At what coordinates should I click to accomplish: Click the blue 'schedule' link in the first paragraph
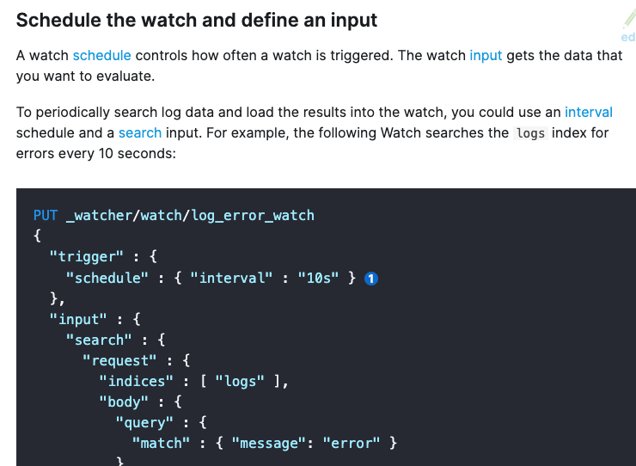tap(101, 56)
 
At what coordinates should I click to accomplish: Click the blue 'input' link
tap(486, 56)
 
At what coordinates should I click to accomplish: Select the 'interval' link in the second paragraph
tap(589, 112)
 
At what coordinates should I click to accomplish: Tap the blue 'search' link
tap(140, 132)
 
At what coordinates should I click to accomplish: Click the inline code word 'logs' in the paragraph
tap(530, 133)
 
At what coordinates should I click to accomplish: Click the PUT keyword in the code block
tap(45, 215)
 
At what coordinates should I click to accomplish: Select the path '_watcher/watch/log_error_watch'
tap(190, 215)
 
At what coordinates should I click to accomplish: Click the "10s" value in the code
tap(319, 278)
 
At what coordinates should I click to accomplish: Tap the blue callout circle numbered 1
tap(372, 278)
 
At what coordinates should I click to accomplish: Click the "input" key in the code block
tap(78, 319)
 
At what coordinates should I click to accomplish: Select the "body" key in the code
tap(124, 402)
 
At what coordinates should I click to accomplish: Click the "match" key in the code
tap(161, 443)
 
